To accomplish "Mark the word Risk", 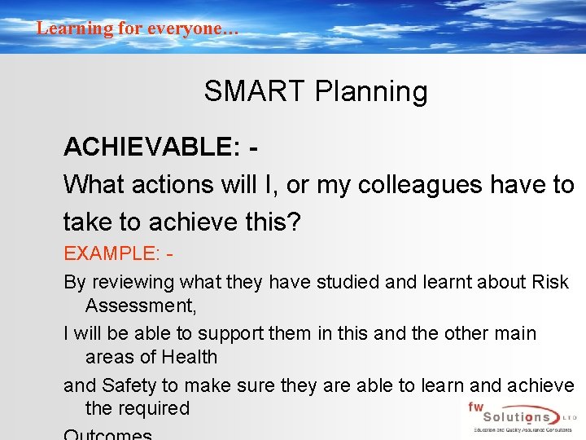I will [x=550, y=283].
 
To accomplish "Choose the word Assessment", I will [x=139, y=306].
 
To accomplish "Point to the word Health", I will [x=189, y=357].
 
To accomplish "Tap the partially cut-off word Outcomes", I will [x=107, y=434].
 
